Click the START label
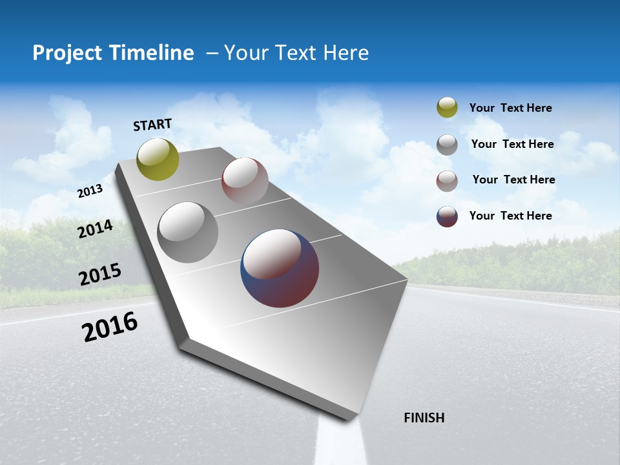152,125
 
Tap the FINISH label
424,418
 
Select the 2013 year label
90,191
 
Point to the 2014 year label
96,229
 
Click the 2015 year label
100,274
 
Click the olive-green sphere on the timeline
158,159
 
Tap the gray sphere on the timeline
188,232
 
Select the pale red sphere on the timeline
245,180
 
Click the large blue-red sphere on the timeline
280,268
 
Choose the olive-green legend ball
447,107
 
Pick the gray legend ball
447,145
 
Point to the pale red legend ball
447,181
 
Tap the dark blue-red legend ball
447,216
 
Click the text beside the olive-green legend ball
510,108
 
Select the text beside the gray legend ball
512,144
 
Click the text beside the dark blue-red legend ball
510,216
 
